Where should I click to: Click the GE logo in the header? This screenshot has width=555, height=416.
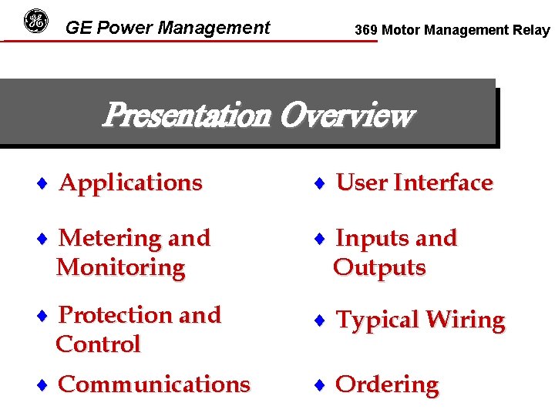(x=35, y=21)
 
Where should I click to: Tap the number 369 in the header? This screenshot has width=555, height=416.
(x=366, y=31)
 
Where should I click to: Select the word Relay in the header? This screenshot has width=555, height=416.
(x=532, y=31)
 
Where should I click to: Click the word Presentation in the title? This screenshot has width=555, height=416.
(x=187, y=116)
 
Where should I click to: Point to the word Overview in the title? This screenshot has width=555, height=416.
(x=346, y=116)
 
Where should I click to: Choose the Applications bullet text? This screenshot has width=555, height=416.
(x=130, y=183)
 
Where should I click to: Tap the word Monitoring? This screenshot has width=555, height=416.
(x=121, y=267)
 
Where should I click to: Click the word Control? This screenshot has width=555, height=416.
(x=98, y=344)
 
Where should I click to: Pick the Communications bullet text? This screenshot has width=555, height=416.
(x=154, y=384)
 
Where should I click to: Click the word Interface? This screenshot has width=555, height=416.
(x=442, y=183)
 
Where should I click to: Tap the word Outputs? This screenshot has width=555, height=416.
(x=379, y=267)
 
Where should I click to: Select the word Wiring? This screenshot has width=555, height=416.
(x=463, y=320)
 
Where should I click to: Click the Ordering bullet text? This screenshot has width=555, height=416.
(x=387, y=384)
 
